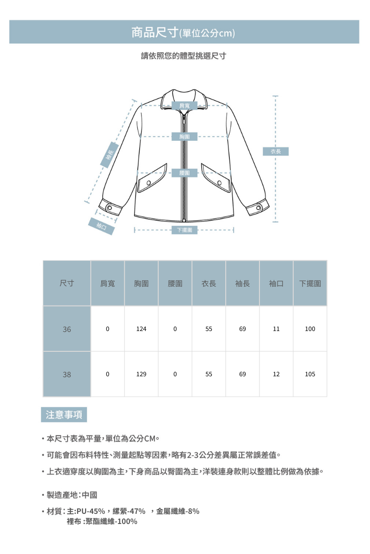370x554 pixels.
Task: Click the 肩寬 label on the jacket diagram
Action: (x=184, y=106)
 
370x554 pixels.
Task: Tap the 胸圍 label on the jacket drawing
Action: (x=184, y=137)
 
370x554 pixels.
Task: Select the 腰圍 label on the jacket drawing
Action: (x=184, y=173)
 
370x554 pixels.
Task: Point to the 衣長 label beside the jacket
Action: (x=276, y=151)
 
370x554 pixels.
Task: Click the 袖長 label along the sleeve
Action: (x=110, y=156)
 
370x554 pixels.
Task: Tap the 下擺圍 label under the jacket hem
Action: (x=185, y=229)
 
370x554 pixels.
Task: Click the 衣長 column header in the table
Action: (x=209, y=283)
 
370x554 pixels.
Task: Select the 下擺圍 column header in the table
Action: (x=310, y=283)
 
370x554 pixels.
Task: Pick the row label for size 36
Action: (x=67, y=329)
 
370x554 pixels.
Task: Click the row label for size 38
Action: (x=67, y=374)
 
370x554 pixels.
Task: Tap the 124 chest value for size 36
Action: (x=141, y=329)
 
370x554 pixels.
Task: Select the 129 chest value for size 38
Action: (x=141, y=374)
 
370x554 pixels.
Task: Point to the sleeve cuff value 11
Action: (x=276, y=329)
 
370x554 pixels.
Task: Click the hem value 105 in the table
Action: (x=310, y=374)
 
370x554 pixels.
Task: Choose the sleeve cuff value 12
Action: (x=276, y=374)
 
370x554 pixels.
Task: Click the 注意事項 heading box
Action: (x=64, y=415)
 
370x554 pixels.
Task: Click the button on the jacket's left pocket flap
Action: (x=149, y=183)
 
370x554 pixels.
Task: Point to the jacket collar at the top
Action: (x=184, y=95)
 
